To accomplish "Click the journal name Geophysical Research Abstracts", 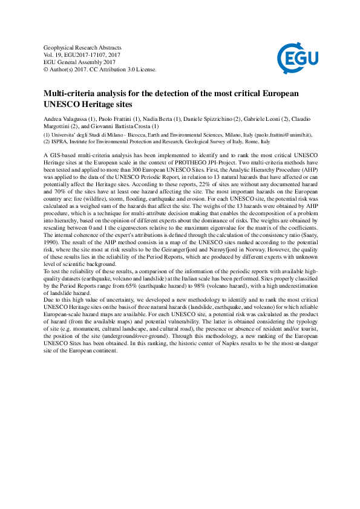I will (83, 47).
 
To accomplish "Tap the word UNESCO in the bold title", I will (65, 104).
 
